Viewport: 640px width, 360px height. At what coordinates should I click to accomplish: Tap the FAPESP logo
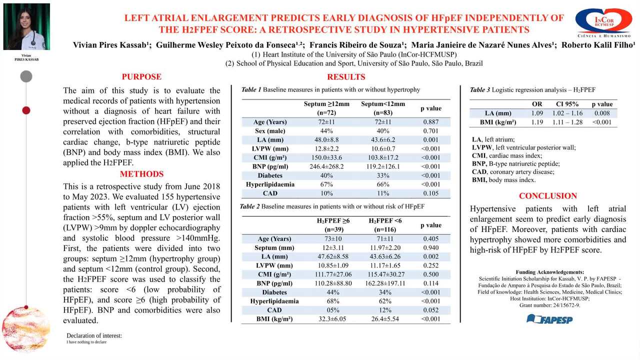click(549, 319)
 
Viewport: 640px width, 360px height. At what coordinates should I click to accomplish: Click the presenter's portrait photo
click(26, 26)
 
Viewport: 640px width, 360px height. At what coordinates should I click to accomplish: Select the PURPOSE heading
click(141, 76)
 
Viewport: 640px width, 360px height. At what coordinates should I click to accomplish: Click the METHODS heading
click(141, 174)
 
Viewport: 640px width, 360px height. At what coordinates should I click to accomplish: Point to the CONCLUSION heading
click(547, 195)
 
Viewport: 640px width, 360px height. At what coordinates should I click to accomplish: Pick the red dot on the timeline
click(26, 110)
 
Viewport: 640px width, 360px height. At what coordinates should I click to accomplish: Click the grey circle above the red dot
click(26, 76)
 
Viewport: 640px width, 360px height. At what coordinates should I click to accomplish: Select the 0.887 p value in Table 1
click(431, 122)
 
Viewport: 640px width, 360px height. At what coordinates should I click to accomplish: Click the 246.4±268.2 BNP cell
click(326, 166)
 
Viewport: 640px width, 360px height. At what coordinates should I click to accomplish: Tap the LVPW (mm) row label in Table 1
click(270, 149)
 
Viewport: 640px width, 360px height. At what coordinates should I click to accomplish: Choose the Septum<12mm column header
click(383, 108)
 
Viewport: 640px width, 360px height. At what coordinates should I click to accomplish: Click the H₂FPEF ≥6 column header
click(333, 225)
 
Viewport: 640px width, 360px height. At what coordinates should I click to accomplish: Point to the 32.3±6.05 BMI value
click(332, 319)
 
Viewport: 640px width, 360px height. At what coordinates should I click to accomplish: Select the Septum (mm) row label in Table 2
click(274, 247)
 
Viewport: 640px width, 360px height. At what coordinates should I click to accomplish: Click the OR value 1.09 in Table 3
click(537, 113)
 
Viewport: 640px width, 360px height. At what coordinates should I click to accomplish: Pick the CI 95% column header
click(567, 104)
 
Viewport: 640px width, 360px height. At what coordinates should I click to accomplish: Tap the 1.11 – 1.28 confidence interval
click(567, 122)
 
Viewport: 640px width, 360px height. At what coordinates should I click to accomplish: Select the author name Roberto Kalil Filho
click(598, 45)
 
